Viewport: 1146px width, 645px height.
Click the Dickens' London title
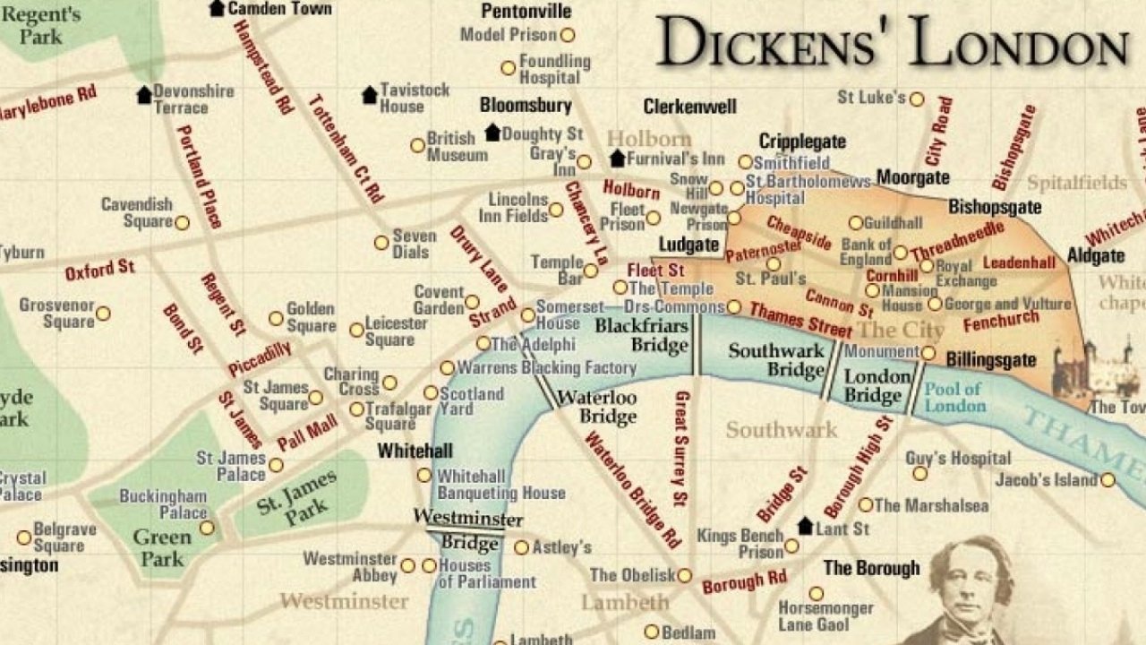(891, 42)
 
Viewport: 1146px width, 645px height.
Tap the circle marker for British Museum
(417, 145)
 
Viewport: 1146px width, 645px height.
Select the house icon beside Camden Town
(217, 8)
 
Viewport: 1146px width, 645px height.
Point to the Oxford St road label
(99, 269)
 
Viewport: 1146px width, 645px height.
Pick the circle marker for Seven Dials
(381, 243)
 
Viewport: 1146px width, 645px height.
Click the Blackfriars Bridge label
(642, 335)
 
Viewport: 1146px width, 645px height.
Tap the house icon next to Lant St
(805, 526)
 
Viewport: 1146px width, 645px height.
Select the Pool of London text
(954, 397)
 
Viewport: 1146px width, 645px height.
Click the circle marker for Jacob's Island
(1108, 480)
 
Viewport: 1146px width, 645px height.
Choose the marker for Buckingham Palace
(207, 529)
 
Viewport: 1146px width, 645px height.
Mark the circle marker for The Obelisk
(684, 576)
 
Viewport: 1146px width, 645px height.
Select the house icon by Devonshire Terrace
(144, 94)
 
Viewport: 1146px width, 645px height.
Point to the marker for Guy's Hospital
(919, 473)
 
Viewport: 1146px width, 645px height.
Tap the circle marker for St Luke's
(917, 99)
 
